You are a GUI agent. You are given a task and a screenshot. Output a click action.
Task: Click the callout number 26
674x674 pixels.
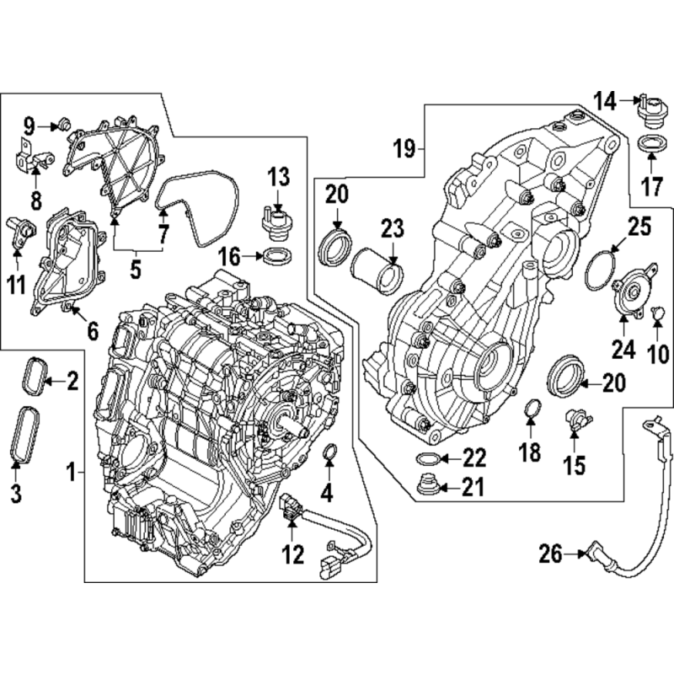(x=550, y=554)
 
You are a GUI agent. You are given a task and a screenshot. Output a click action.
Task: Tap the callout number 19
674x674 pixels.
(x=404, y=149)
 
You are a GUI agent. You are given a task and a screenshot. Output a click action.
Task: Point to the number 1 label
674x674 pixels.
(x=72, y=473)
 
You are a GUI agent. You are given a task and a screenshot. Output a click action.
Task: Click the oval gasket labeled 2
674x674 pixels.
(x=32, y=376)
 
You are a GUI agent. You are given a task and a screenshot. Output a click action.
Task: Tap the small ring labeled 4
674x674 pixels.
(x=329, y=452)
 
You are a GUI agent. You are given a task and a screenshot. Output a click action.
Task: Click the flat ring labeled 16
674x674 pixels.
(x=278, y=257)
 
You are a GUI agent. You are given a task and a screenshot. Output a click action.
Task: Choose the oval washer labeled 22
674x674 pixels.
(x=426, y=459)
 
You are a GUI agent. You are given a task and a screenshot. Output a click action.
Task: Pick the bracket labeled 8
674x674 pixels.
(x=34, y=158)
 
